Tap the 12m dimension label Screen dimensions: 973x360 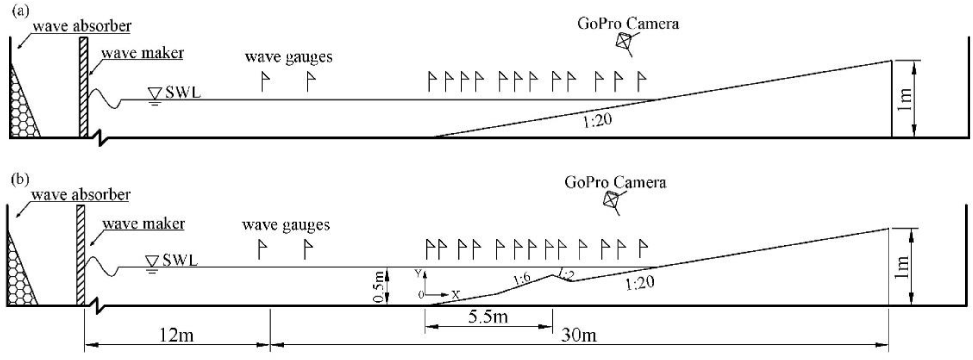[x=177, y=335]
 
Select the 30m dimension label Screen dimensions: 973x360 [x=579, y=335]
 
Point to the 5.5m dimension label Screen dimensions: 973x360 [x=488, y=317]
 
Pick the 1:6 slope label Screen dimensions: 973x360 [x=522, y=279]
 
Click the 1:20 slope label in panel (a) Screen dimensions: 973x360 [x=597, y=121]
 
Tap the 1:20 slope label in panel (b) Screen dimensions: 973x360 [x=640, y=282]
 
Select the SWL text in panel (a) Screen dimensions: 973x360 [x=183, y=92]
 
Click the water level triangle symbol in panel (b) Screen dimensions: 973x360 [x=152, y=261]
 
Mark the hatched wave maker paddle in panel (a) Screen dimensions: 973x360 [x=84, y=87]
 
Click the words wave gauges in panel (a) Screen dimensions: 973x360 [x=288, y=57]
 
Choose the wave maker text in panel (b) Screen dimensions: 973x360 [x=144, y=224]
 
